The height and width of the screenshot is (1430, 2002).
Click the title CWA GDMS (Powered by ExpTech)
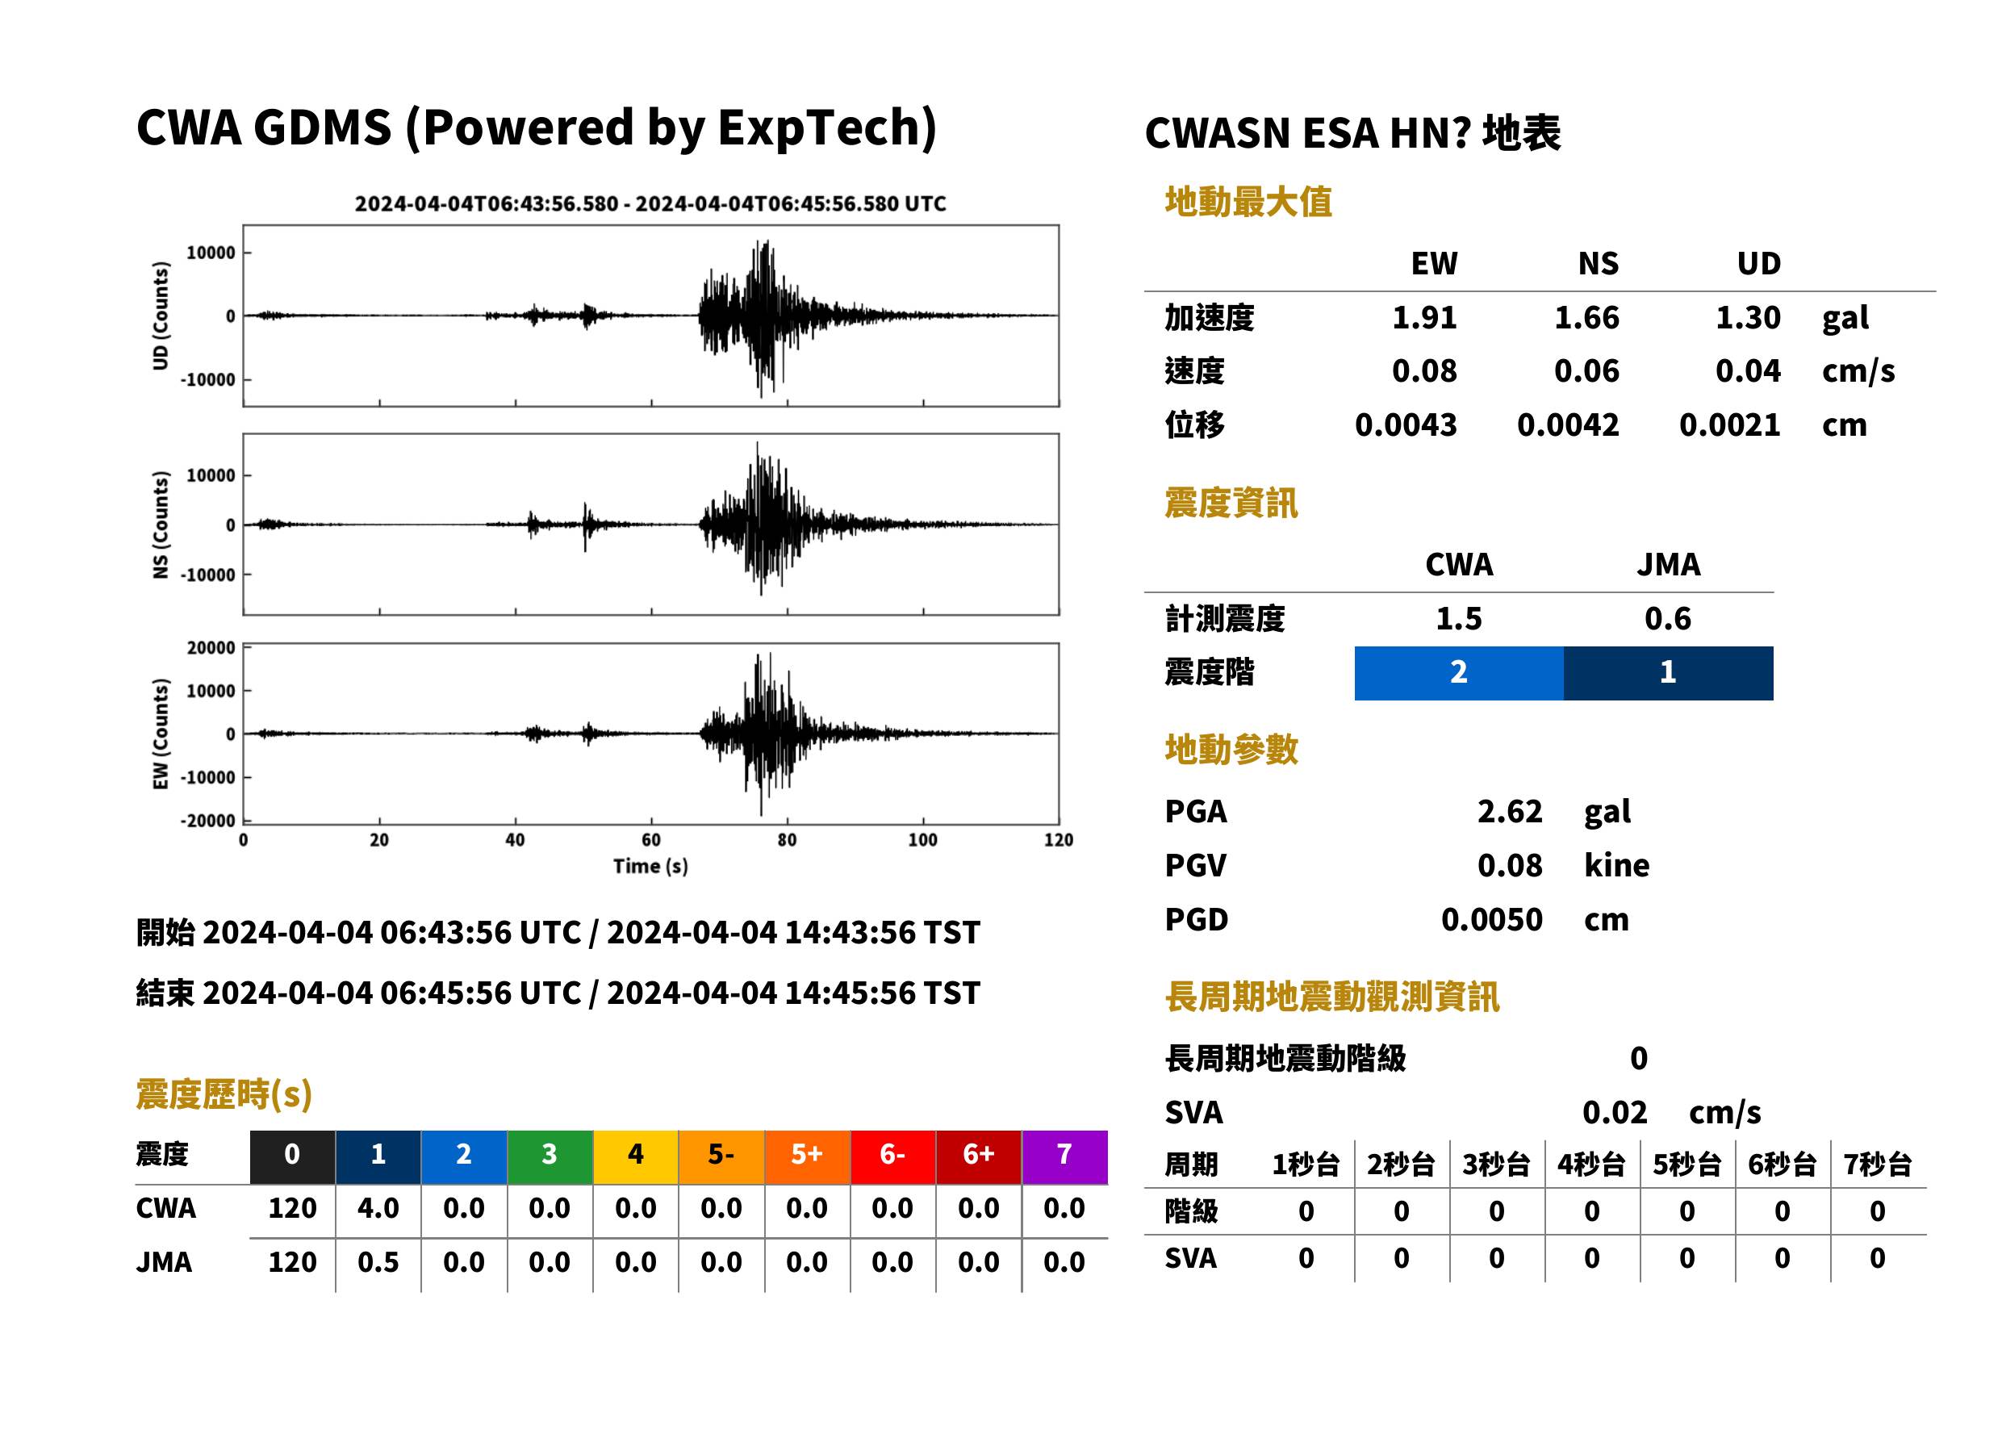pos(536,128)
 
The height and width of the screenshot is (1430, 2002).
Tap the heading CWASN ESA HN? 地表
pos(1352,134)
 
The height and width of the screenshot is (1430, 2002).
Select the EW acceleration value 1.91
pos(1423,317)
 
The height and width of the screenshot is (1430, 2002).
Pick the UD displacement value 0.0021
pos(1729,425)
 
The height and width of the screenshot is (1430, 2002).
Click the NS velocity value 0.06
pos(1586,370)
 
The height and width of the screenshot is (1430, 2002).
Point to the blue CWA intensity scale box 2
pos(1459,673)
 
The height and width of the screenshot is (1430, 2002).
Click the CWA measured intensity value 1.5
pos(1459,618)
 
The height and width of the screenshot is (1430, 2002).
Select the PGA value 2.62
pos(1510,811)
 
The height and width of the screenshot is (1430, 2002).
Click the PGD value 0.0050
pos(1491,919)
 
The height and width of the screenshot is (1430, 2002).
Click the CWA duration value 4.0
pos(378,1208)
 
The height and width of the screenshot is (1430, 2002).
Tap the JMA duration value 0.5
pos(378,1262)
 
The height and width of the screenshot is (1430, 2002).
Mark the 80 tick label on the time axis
pos(787,840)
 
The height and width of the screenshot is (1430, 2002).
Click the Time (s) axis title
pos(650,867)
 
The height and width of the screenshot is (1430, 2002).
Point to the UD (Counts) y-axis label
pos(161,316)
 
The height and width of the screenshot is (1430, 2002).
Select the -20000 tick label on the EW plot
pos(207,821)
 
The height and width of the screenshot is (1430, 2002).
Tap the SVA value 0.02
pos(1615,1112)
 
